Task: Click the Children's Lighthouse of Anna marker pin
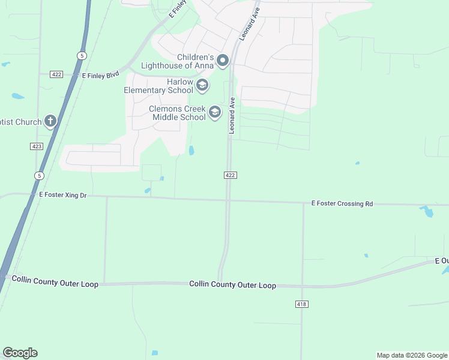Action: point(223,59)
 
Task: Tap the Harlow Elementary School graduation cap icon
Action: point(202,85)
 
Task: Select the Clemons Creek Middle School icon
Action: point(214,112)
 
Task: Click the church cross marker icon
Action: point(50,122)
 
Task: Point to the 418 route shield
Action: point(302,305)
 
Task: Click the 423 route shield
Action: point(37,146)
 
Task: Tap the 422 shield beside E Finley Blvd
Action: point(56,74)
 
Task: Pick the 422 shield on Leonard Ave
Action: point(231,175)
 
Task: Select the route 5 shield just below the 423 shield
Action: point(39,175)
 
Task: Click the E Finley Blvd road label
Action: point(100,75)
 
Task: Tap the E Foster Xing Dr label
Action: point(63,196)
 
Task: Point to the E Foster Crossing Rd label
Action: point(342,204)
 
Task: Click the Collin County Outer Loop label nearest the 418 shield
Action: point(233,285)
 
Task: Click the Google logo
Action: point(20,353)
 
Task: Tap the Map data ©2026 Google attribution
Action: point(412,355)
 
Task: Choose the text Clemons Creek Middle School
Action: point(177,113)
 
